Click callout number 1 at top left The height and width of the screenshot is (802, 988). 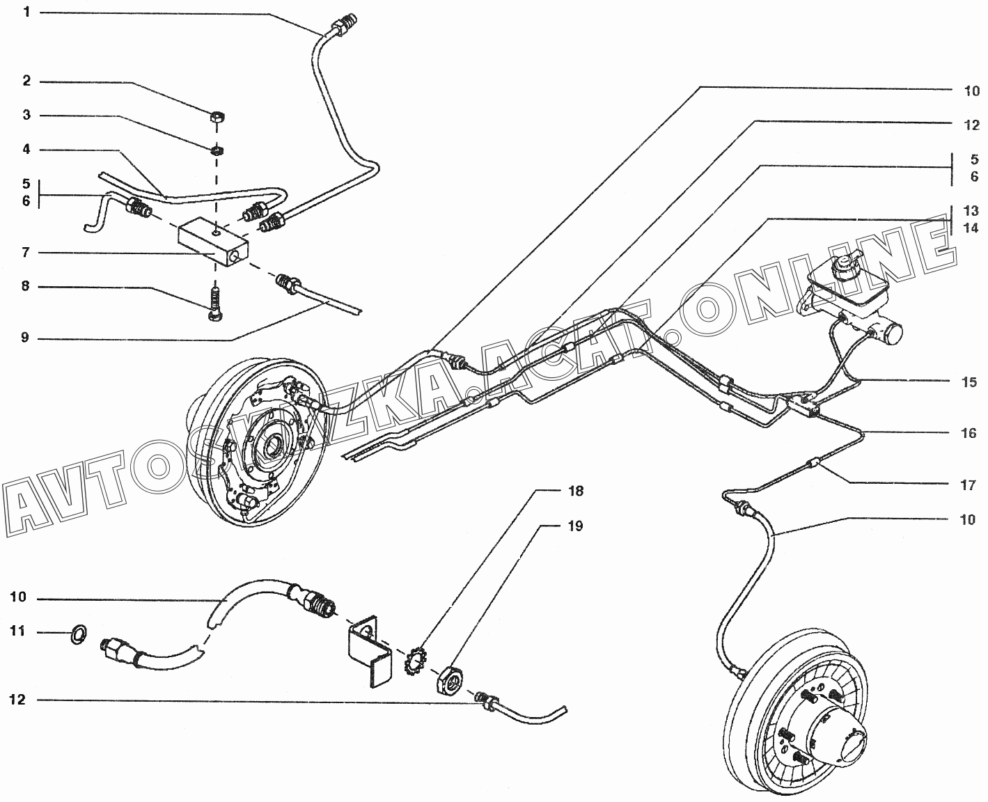[x=26, y=13]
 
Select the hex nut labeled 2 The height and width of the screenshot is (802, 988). [x=217, y=116]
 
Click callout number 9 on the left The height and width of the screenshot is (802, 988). [x=26, y=339]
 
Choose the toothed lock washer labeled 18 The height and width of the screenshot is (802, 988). [x=416, y=661]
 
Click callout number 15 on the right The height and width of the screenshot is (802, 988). [x=968, y=382]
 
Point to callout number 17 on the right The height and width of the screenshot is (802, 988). [x=968, y=485]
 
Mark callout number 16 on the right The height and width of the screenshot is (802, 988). [x=968, y=434]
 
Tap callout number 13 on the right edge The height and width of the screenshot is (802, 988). [x=971, y=211]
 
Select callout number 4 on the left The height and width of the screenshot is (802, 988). [x=26, y=150]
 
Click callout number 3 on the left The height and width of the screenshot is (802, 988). [x=26, y=115]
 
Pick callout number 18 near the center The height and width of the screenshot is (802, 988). [x=575, y=491]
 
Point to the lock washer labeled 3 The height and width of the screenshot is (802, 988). [x=217, y=149]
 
